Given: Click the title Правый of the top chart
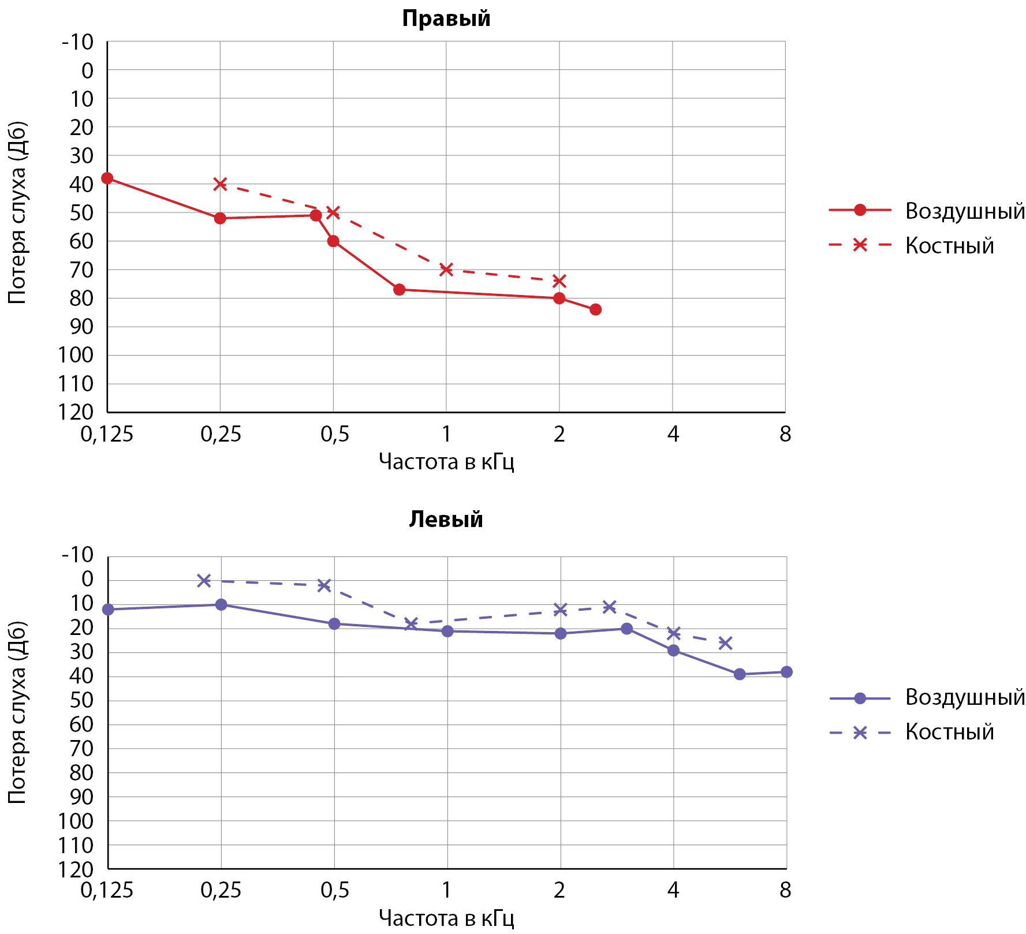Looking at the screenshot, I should click(446, 18).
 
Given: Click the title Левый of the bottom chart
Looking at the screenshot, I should click(446, 520).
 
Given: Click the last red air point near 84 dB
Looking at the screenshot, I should click(595, 309).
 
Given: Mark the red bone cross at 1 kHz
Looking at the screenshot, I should click(446, 270).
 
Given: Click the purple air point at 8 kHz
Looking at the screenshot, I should click(786, 672).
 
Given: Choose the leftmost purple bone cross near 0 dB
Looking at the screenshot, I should click(204, 581).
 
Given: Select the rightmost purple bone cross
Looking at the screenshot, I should click(725, 643).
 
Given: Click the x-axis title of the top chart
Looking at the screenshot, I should click(446, 462).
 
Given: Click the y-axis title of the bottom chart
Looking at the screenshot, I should click(17, 712).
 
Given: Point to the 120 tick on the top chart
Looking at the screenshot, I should click(76, 412).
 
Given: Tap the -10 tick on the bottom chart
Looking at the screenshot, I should click(78, 555).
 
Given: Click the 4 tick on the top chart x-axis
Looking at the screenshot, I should click(673, 434).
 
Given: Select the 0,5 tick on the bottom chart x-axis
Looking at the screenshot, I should click(335, 890).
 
